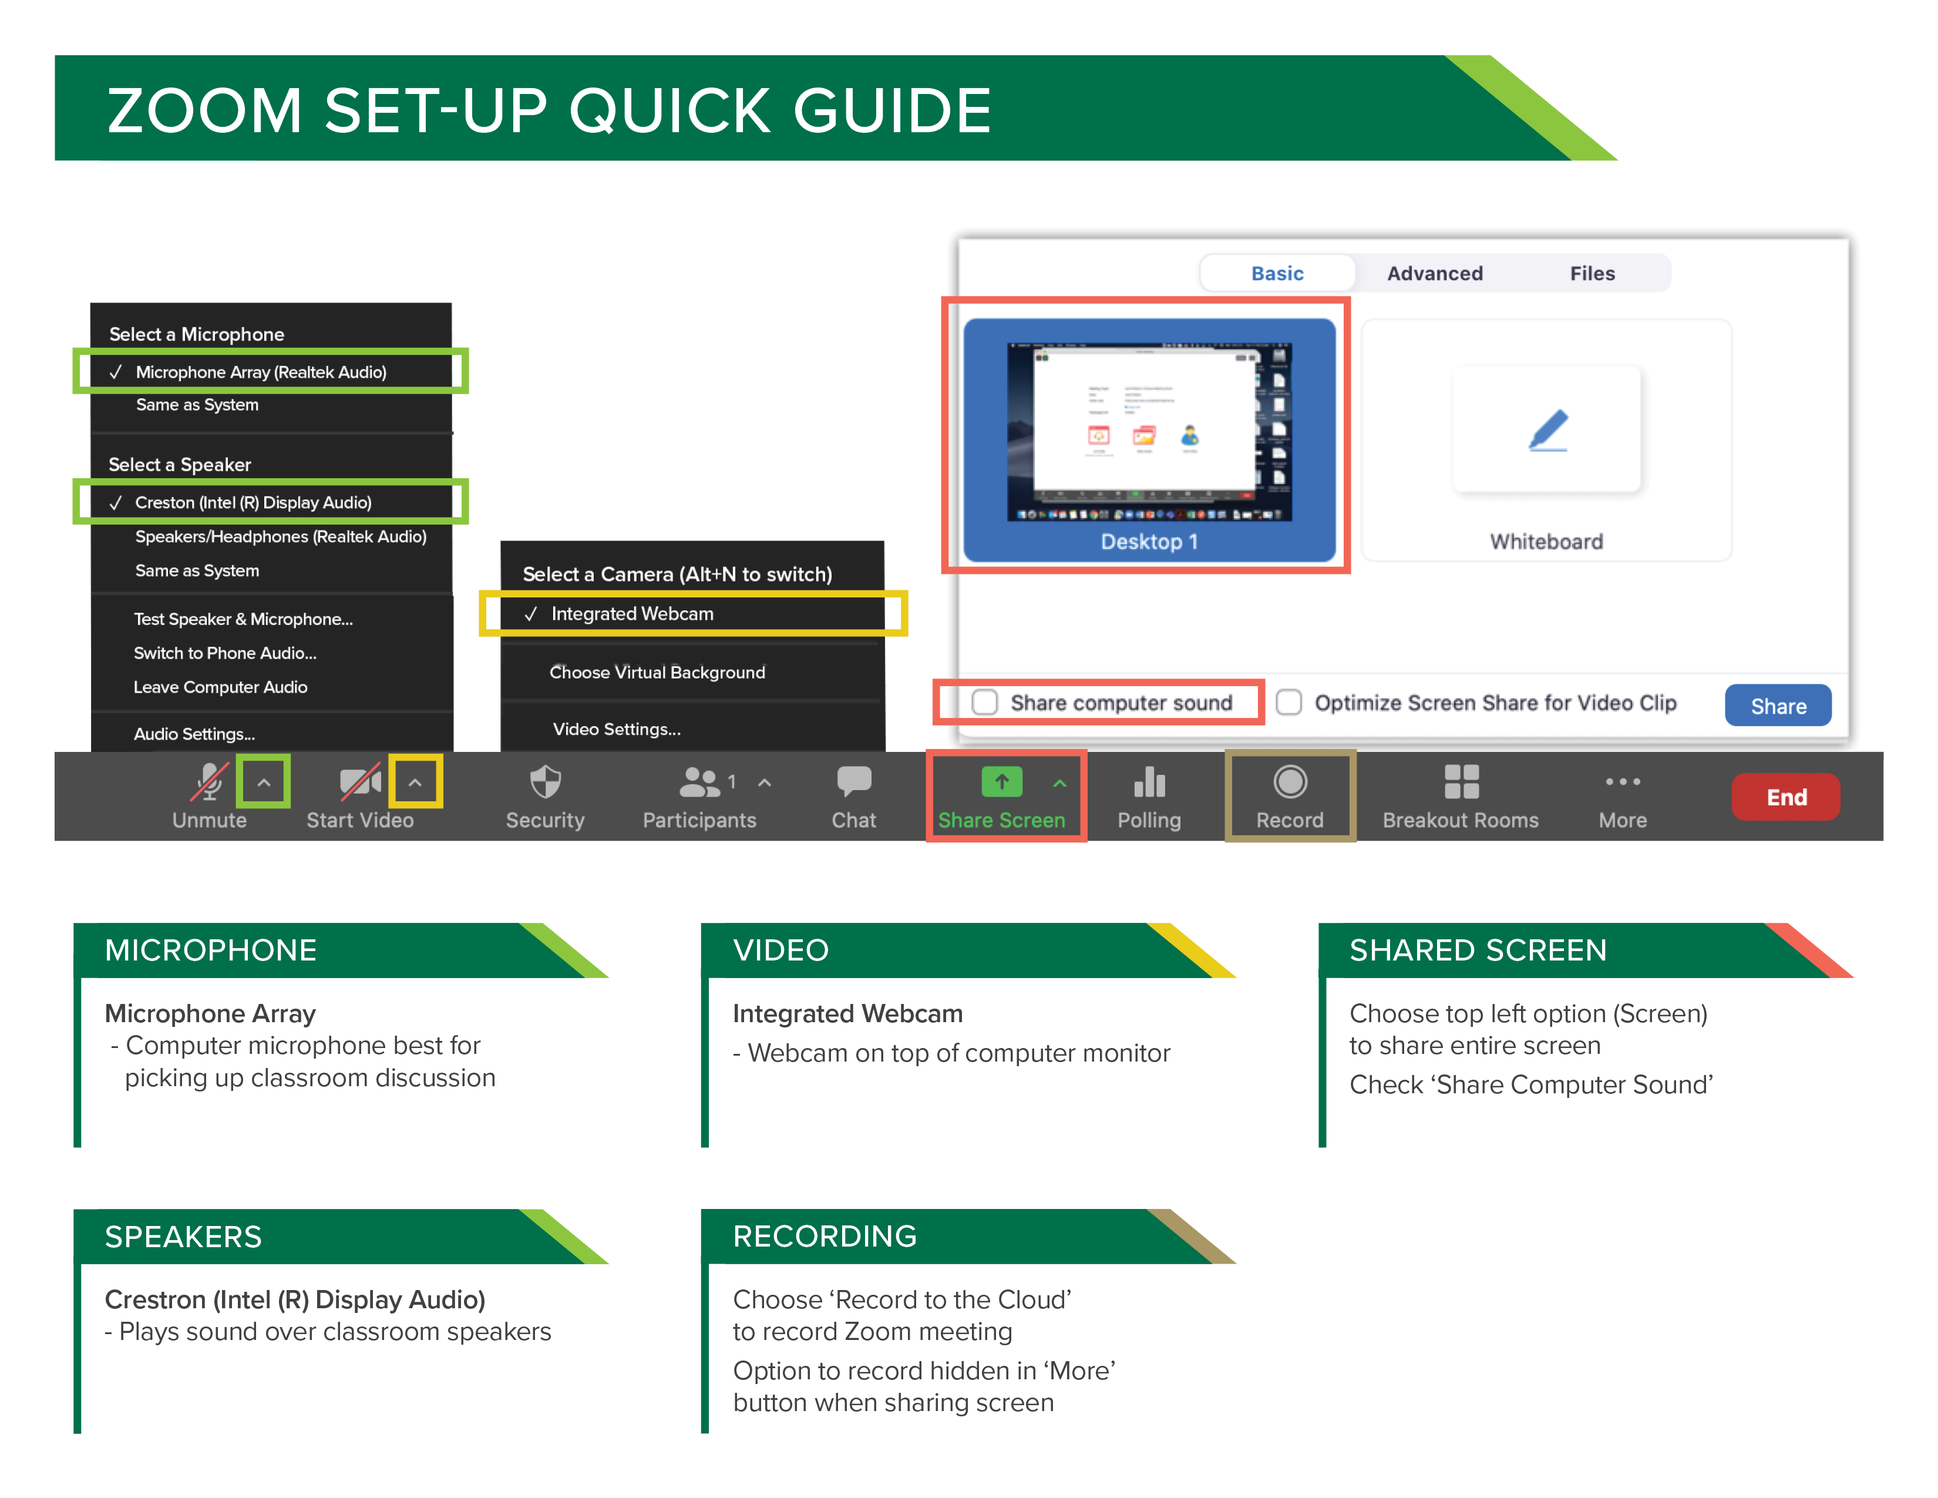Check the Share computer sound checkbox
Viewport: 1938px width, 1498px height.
pyautogui.click(x=984, y=702)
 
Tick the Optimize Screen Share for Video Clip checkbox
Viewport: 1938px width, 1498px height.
pyautogui.click(x=1288, y=702)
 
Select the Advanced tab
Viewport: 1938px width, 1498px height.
pyautogui.click(x=1434, y=273)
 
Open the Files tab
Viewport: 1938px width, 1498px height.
pyautogui.click(x=1592, y=273)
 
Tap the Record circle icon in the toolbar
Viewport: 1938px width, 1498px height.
pyautogui.click(x=1289, y=782)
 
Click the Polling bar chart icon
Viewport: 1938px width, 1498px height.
pyautogui.click(x=1149, y=782)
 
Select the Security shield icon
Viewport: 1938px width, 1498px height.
pyautogui.click(x=545, y=782)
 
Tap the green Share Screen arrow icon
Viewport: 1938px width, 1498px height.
pyautogui.click(x=1001, y=782)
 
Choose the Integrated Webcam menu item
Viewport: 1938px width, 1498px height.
pyautogui.click(x=632, y=613)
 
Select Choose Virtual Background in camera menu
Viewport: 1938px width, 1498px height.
pyautogui.click(x=657, y=672)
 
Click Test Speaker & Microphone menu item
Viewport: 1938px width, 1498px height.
pyautogui.click(x=243, y=619)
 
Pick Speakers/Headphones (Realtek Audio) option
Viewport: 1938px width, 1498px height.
pyautogui.click(x=280, y=536)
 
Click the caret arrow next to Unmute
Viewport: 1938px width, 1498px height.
pyautogui.click(x=264, y=782)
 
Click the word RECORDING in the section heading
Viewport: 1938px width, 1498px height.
pyautogui.click(x=825, y=1235)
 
